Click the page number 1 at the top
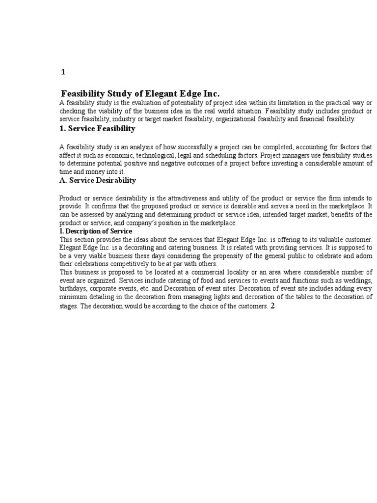[x=63, y=72]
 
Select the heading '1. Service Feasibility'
[x=97, y=129]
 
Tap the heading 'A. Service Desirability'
[x=98, y=180]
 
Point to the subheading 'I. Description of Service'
[x=96, y=231]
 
